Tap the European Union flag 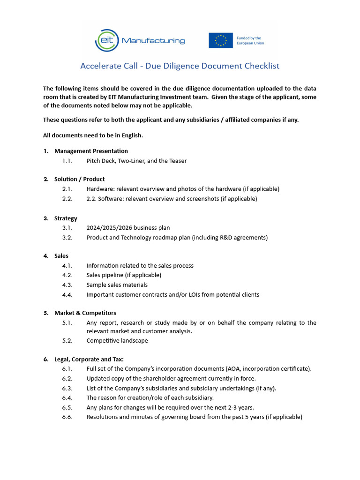pyautogui.click(x=221, y=40)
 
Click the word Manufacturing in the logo pyautogui.click(x=153, y=41)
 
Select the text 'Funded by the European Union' pyautogui.click(x=251, y=40)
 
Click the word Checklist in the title pyautogui.click(x=262, y=66)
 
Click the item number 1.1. pyautogui.click(x=67, y=161)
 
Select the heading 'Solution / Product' pyautogui.click(x=79, y=179)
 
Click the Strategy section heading pyautogui.click(x=66, y=218)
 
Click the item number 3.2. pyautogui.click(x=67, y=238)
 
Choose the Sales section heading pyautogui.click(x=61, y=256)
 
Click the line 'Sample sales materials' pyautogui.click(x=117, y=285)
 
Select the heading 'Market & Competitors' pyautogui.click(x=85, y=313)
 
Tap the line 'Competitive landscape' pyautogui.click(x=117, y=341)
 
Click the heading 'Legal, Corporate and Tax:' pyautogui.click(x=89, y=360)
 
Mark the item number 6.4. pyautogui.click(x=67, y=397)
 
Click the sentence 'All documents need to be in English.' pyautogui.click(x=93, y=135)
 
